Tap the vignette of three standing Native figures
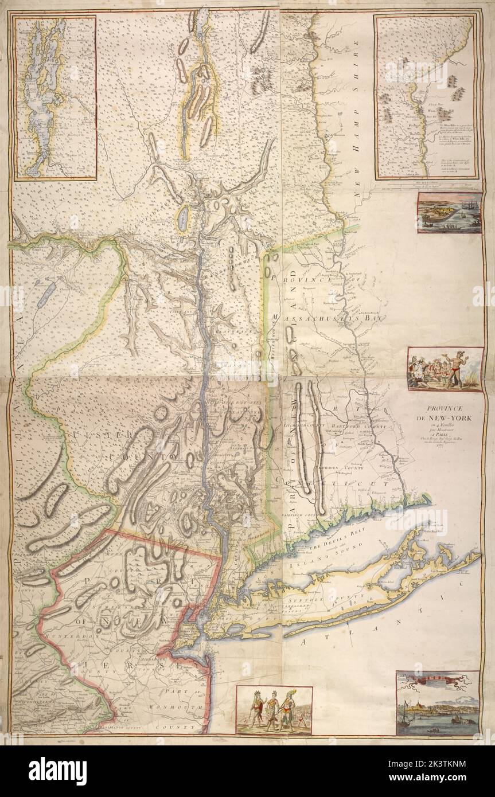(274, 711)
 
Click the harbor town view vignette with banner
(438, 704)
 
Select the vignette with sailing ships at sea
(449, 213)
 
